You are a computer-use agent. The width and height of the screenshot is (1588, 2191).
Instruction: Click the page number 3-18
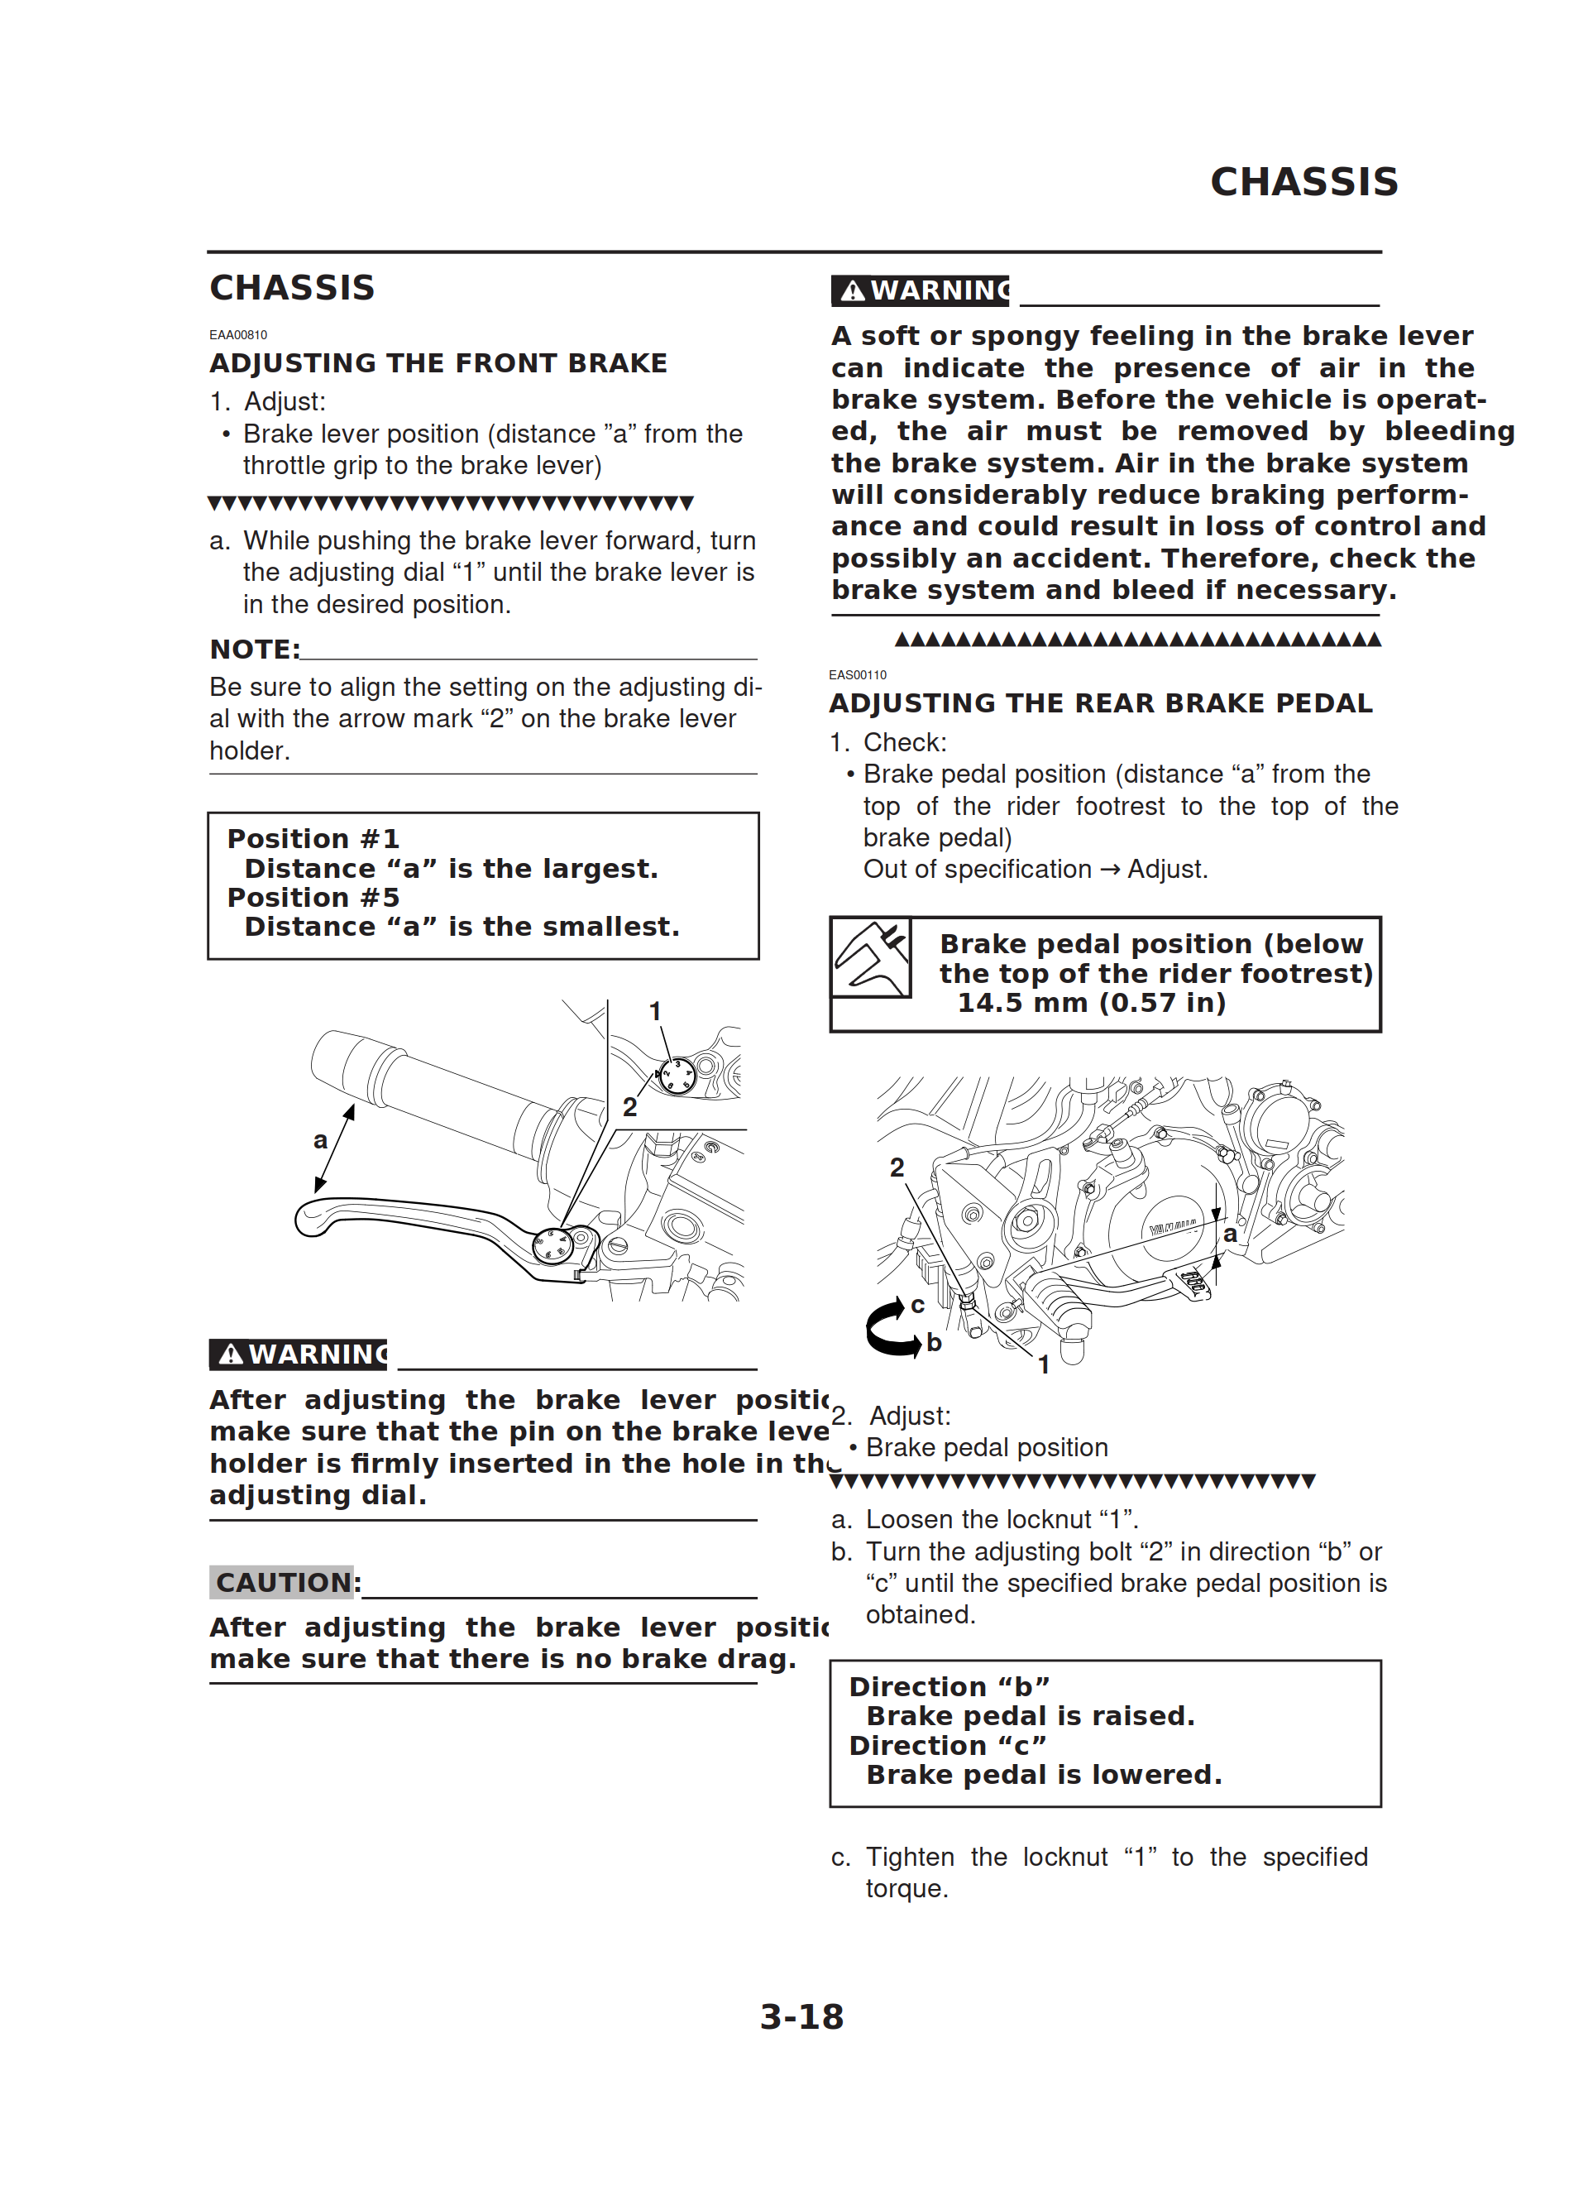[x=801, y=2016]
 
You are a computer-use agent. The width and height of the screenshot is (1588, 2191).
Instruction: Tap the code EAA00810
[x=237, y=335]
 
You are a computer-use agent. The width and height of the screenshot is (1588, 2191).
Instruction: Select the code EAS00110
[x=857, y=675]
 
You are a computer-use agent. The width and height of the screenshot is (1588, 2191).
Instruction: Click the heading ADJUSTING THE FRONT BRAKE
[x=438, y=363]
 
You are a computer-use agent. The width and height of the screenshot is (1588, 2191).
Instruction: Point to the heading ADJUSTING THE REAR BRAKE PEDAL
[x=1100, y=703]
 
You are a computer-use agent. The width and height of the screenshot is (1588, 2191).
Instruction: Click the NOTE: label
[x=255, y=650]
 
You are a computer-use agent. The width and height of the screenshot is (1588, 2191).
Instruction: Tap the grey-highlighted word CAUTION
[x=282, y=1582]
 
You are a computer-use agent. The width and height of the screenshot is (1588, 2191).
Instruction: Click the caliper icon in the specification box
[x=871, y=957]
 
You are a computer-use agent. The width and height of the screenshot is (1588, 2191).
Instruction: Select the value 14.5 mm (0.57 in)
[x=1092, y=1003]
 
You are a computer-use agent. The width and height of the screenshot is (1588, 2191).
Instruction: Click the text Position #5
[x=313, y=898]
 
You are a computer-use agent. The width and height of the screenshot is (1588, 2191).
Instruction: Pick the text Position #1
[x=313, y=838]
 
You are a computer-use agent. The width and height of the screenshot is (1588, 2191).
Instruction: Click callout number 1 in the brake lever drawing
[x=655, y=1011]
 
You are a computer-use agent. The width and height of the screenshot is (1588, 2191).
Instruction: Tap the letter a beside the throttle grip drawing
[x=321, y=1141]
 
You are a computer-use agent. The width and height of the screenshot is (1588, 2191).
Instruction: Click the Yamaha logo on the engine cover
[x=1173, y=1227]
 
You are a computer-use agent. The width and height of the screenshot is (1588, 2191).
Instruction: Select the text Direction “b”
[x=949, y=1687]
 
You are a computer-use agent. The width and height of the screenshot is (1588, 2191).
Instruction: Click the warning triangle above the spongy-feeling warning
[x=852, y=290]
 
